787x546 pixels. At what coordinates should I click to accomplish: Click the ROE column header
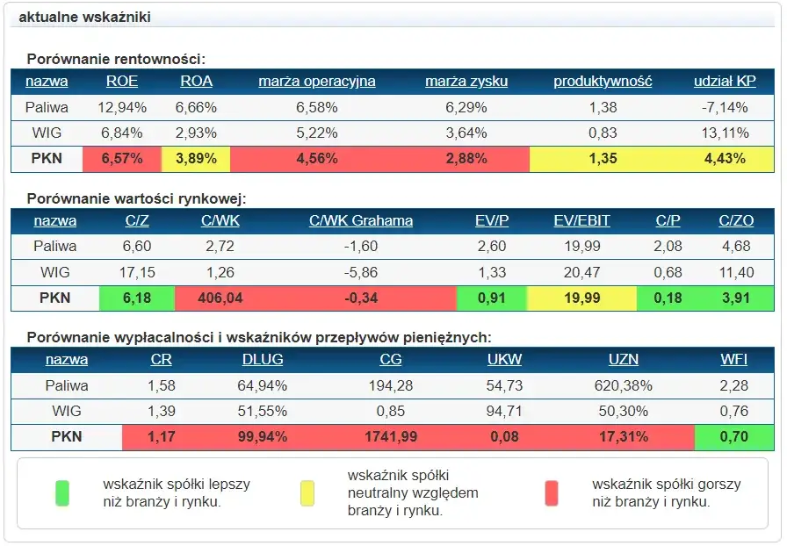[x=122, y=82]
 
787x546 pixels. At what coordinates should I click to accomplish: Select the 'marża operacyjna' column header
[x=317, y=82]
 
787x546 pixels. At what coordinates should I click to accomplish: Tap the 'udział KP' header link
[x=725, y=82]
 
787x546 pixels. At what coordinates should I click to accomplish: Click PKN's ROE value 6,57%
[x=122, y=159]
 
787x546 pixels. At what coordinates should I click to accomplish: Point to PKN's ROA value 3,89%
[x=196, y=159]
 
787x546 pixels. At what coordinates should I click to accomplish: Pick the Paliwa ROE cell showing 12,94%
[x=122, y=108]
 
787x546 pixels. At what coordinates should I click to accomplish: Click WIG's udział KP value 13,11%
[x=725, y=133]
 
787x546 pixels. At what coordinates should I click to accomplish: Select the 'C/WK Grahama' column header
[x=361, y=221]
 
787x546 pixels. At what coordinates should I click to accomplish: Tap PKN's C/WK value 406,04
[x=220, y=298]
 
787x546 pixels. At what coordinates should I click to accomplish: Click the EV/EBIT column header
[x=582, y=221]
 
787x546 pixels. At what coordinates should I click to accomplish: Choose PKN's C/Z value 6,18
[x=137, y=298]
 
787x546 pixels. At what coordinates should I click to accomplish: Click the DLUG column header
[x=262, y=360]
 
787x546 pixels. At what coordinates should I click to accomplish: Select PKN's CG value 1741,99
[x=391, y=437]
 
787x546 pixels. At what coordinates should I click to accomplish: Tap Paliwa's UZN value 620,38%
[x=624, y=385]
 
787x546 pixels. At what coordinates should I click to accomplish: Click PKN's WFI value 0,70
[x=733, y=437]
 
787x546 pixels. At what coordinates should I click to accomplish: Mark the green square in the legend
[x=61, y=493]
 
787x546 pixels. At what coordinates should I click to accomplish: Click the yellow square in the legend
[x=307, y=493]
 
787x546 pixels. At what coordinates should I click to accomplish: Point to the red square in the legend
[x=552, y=493]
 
